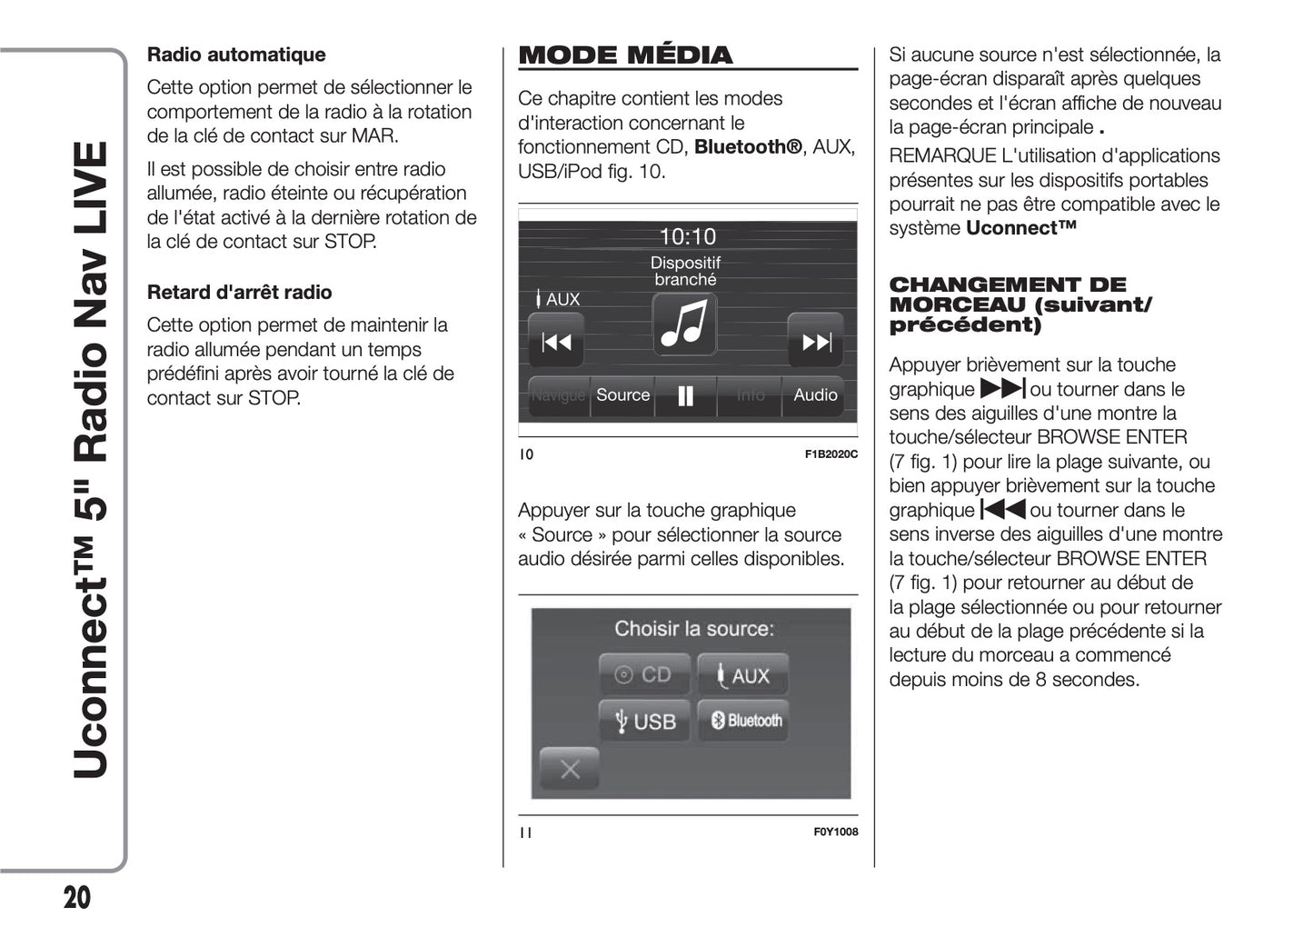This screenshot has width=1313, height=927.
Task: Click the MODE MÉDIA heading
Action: [x=625, y=55]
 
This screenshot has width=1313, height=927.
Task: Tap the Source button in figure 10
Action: [x=622, y=395]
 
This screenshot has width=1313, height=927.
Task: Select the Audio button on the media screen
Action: [x=814, y=395]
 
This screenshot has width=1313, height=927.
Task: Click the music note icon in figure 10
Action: [x=685, y=324]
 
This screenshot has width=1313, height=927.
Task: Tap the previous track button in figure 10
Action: [x=556, y=342]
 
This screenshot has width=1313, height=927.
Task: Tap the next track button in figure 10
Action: [x=815, y=342]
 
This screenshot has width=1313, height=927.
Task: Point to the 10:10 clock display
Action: [x=687, y=237]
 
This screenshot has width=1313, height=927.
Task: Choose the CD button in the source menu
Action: [x=645, y=674]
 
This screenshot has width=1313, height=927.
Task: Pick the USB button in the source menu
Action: [x=645, y=722]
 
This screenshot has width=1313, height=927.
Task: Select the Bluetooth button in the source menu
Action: [x=744, y=721]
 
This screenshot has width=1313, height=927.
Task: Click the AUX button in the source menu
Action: [x=743, y=675]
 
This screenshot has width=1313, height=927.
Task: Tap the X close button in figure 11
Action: [x=570, y=770]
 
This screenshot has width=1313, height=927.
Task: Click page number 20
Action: [x=77, y=898]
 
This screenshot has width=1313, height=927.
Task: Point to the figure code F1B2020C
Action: [x=831, y=454]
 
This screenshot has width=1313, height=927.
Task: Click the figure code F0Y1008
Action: [x=835, y=832]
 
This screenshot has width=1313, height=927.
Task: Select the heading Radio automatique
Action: [x=236, y=55]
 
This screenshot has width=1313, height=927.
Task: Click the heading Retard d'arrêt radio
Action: [x=239, y=293]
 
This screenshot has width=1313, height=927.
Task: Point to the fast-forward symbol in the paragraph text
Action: [x=1002, y=390]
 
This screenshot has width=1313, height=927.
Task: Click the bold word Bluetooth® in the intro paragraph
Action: [x=748, y=147]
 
